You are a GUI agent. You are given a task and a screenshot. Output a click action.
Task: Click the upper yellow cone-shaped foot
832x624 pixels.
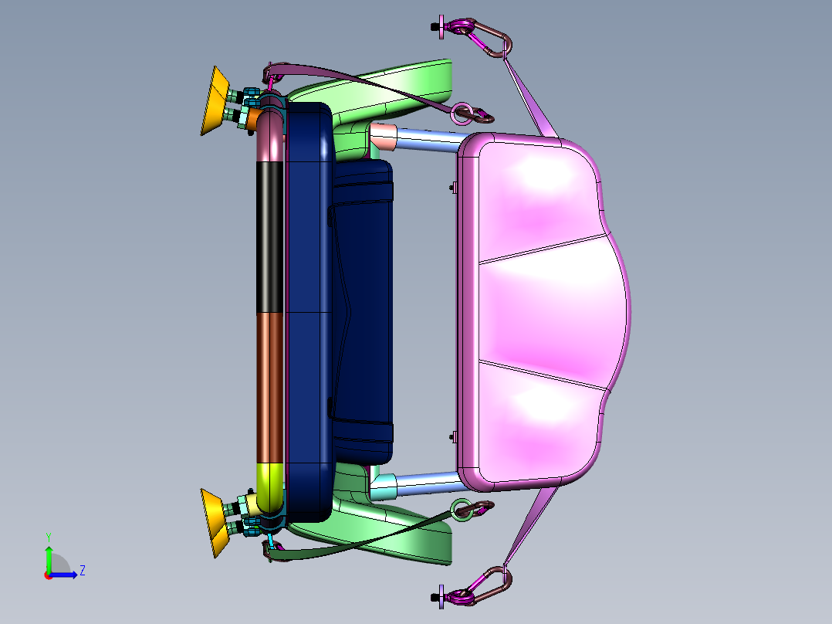click(x=215, y=101)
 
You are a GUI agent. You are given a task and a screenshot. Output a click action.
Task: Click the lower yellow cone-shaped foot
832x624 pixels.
click(x=215, y=523)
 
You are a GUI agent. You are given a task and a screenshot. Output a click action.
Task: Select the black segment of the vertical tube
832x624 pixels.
click(x=270, y=237)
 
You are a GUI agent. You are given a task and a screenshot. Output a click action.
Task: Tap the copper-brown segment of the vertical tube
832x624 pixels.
click(x=270, y=388)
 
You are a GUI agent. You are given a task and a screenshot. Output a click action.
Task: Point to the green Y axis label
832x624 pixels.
click(x=49, y=538)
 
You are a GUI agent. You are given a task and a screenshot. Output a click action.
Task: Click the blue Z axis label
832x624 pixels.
click(x=83, y=571)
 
